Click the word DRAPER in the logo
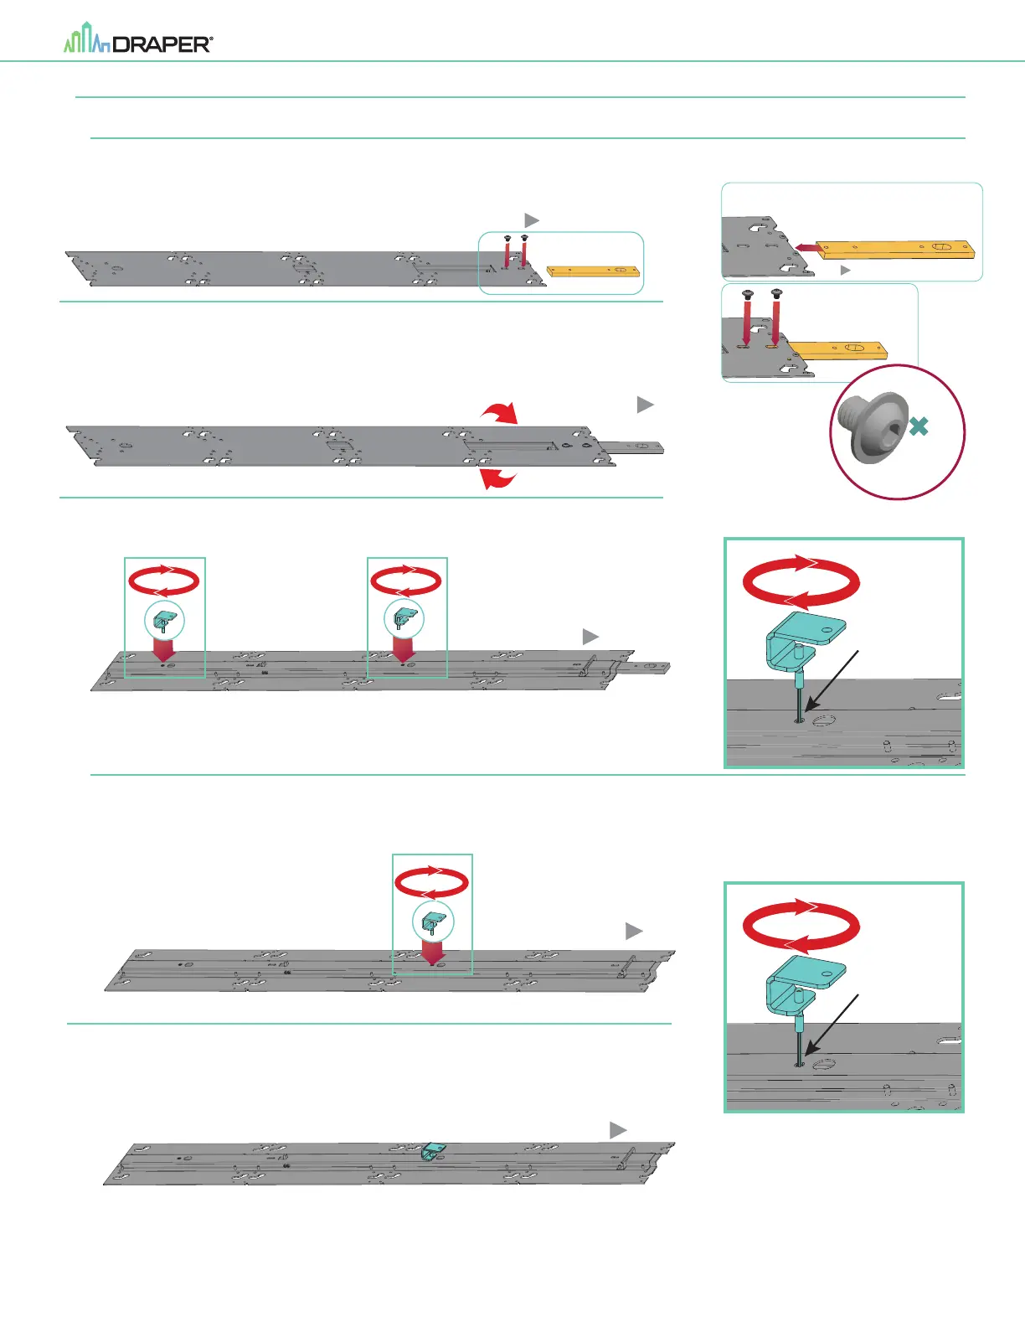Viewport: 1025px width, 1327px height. pos(161,44)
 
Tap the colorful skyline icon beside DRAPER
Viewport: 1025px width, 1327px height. pos(87,40)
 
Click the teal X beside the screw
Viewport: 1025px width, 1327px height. pos(919,426)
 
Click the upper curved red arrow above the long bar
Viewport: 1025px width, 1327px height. pos(500,411)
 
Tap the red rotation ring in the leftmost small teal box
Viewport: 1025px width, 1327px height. pos(164,581)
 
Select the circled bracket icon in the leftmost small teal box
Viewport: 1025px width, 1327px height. pos(164,621)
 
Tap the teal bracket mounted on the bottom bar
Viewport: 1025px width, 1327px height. pos(432,1152)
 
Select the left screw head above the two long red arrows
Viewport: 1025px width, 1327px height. pos(748,294)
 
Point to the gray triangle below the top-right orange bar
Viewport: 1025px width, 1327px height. pos(846,270)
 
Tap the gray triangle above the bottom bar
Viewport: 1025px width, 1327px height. pos(618,1130)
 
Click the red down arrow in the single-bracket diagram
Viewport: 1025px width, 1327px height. pos(432,952)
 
